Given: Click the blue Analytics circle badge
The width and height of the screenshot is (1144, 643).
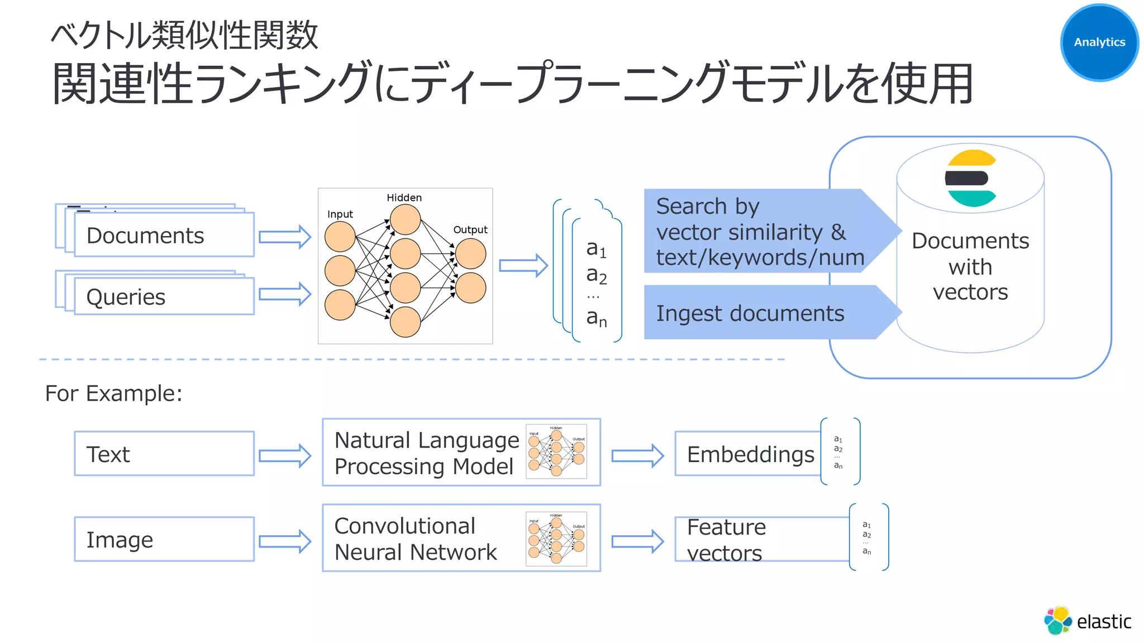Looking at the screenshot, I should [x=1099, y=42].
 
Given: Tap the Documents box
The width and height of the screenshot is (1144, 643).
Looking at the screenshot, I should [x=164, y=235].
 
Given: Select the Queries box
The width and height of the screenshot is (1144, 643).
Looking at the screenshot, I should [x=164, y=296].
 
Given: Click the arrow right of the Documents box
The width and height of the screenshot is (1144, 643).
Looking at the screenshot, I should [x=284, y=237].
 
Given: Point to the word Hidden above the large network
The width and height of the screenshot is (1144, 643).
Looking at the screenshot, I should [x=404, y=198].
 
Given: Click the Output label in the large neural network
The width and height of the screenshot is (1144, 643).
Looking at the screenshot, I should [x=470, y=229].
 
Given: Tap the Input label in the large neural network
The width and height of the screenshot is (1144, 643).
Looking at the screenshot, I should [x=340, y=214].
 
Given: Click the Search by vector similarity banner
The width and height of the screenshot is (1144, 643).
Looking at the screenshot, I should [x=760, y=232].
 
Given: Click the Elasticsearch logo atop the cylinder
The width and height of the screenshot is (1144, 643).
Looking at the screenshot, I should [x=971, y=179].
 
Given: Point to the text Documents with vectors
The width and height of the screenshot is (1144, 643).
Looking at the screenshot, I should [x=970, y=266].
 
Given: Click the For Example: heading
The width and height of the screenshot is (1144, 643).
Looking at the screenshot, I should [x=113, y=394].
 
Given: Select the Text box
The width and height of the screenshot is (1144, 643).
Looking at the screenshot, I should [x=164, y=454].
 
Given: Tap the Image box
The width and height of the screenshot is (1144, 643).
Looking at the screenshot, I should [x=164, y=539].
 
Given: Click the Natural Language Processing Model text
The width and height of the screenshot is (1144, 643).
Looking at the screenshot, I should [x=426, y=453].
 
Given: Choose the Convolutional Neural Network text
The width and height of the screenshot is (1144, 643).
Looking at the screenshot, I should [x=416, y=539].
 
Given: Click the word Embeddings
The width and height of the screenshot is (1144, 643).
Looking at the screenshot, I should [x=750, y=454].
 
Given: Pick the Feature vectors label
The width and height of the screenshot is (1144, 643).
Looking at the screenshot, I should [x=726, y=540].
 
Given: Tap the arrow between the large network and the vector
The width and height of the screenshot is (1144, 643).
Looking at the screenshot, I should [x=523, y=265].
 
